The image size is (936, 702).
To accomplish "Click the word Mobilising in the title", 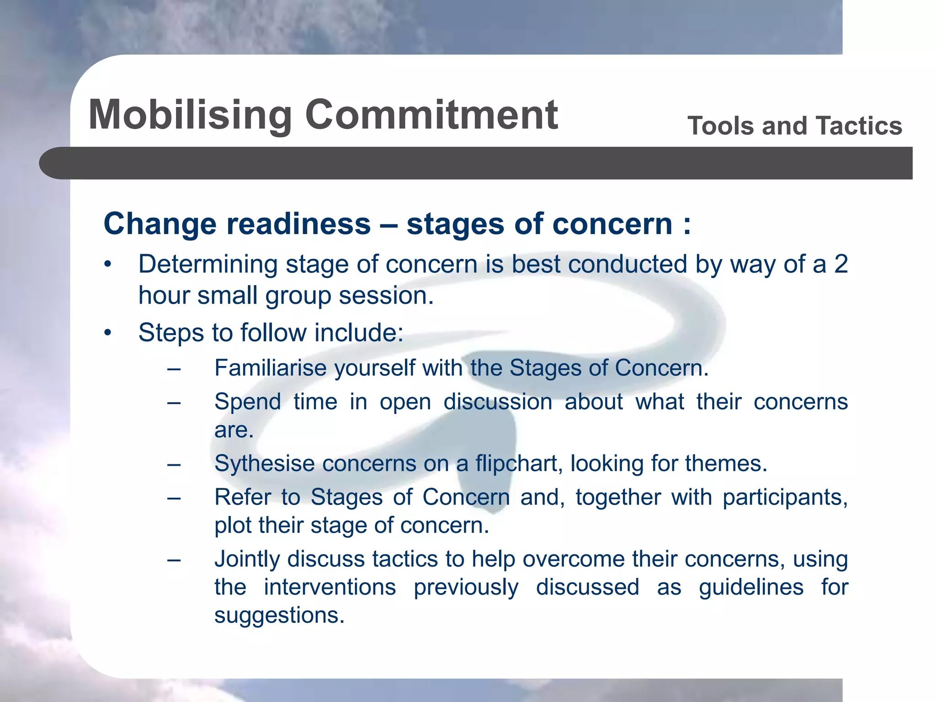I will (190, 115).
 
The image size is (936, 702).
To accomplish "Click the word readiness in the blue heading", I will (298, 224).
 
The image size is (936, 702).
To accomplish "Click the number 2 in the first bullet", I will (840, 264).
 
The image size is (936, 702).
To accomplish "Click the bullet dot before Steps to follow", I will (107, 333).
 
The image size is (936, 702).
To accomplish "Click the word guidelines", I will (751, 587).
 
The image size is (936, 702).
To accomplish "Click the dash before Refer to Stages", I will (174, 497).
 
